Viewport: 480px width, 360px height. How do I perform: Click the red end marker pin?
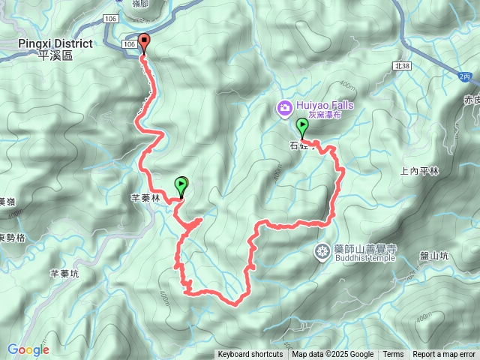pos(144,43)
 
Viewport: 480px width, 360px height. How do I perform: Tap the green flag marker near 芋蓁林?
pos(181,183)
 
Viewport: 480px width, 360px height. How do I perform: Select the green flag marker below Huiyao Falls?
pos(302,125)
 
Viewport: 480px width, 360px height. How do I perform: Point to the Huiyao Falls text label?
pos(325,106)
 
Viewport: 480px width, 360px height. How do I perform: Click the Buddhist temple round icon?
pos(322,251)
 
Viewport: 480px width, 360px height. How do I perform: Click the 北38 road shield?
pos(402,66)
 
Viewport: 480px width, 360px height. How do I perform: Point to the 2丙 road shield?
pos(466,76)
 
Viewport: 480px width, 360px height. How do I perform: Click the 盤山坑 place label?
pos(433,256)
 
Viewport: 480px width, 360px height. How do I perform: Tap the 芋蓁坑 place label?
pos(64,274)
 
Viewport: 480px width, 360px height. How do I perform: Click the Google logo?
pos(28,349)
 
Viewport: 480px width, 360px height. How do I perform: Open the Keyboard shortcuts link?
pos(250,355)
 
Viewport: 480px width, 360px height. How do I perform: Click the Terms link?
pos(393,355)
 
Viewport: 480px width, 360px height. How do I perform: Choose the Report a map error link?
pos(444,355)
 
